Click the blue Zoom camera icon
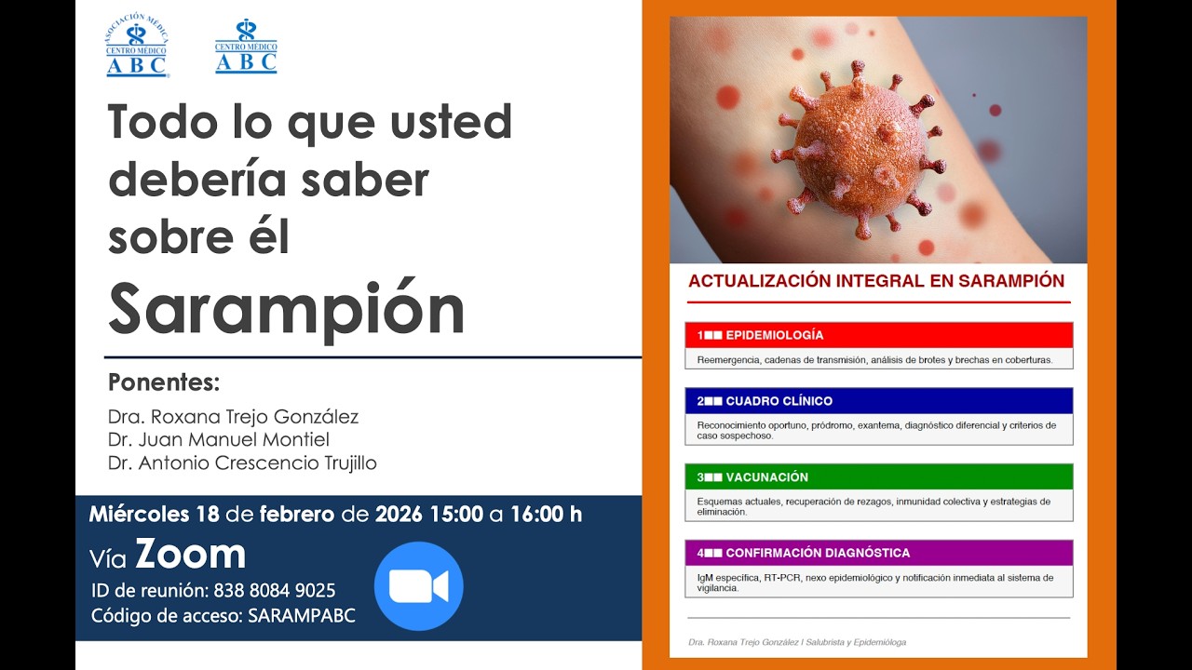pyautogui.click(x=418, y=586)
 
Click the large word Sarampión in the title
pyautogui.click(x=287, y=309)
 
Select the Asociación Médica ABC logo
pyautogui.click(x=137, y=47)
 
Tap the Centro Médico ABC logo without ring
pyautogui.click(x=246, y=47)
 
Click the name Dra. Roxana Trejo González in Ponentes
pyautogui.click(x=233, y=417)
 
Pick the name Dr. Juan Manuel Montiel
pyautogui.click(x=219, y=439)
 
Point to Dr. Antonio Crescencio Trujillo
pyautogui.click(x=242, y=462)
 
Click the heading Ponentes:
pyautogui.click(x=164, y=382)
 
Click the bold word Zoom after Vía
pyautogui.click(x=191, y=555)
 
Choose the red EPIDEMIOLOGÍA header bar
pyautogui.click(x=878, y=335)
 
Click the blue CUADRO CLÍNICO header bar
pyautogui.click(x=878, y=401)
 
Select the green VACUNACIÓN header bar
pyautogui.click(x=878, y=476)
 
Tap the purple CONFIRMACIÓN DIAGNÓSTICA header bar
pyautogui.click(x=878, y=553)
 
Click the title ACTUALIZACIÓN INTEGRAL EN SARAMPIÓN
pyautogui.click(x=875, y=281)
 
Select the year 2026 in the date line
pyautogui.click(x=399, y=514)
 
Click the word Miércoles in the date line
pyautogui.click(x=140, y=514)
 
